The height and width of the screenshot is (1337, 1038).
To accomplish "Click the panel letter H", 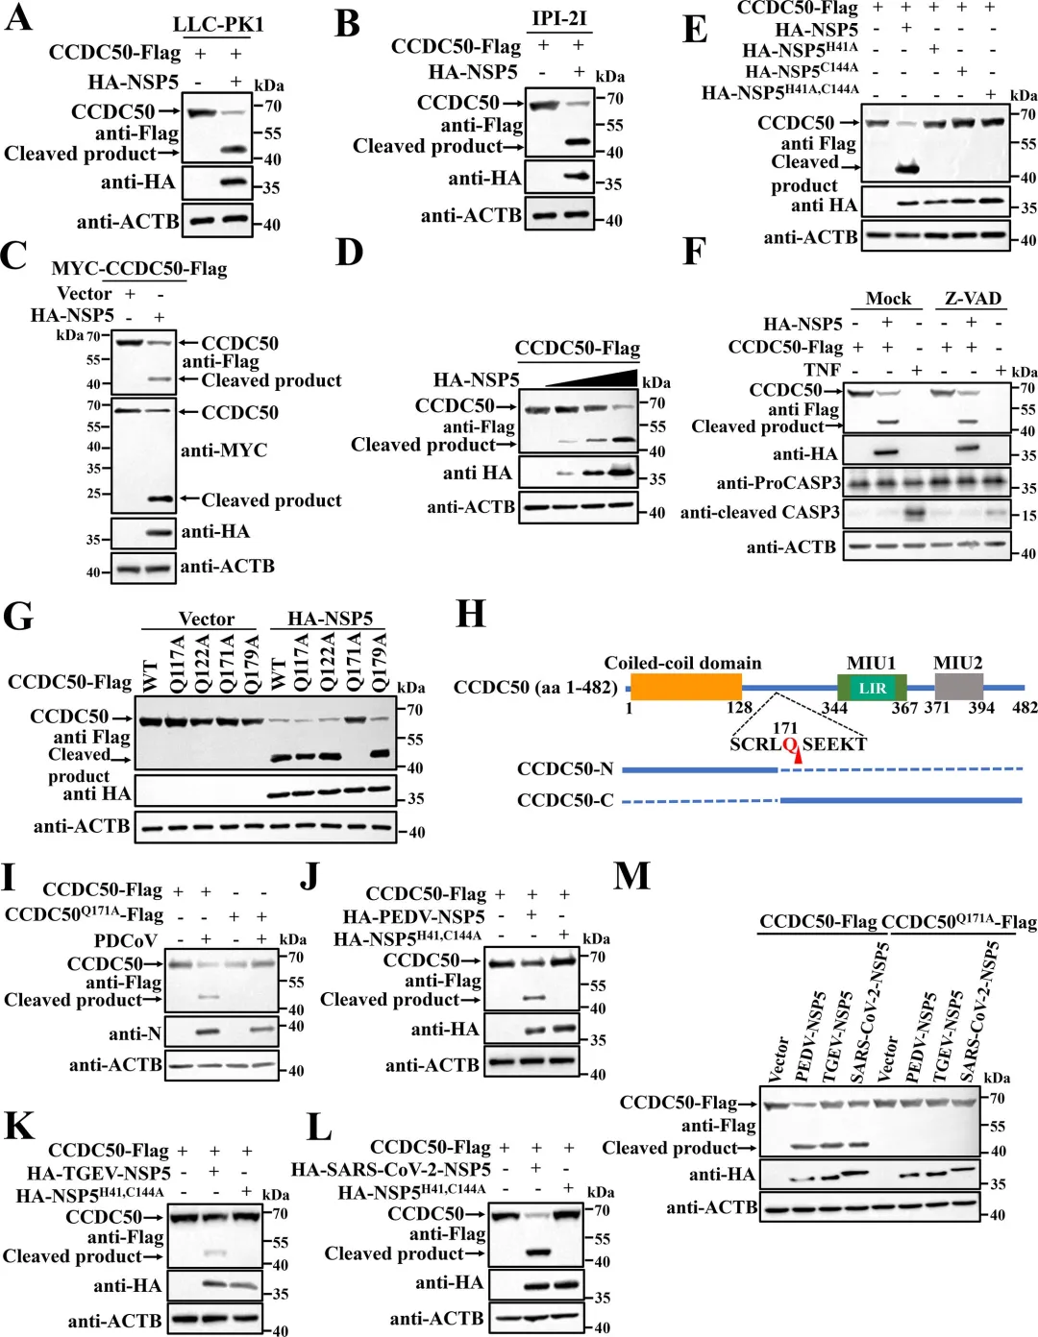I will point(470,614).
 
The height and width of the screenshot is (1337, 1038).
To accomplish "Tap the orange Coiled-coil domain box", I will point(685,687).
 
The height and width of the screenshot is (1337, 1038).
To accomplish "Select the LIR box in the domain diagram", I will point(873,688).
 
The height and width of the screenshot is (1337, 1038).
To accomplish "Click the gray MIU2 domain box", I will point(958,686).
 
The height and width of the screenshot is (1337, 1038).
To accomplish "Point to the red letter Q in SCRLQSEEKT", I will point(790,744).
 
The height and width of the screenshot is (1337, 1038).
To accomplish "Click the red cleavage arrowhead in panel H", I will point(797,759).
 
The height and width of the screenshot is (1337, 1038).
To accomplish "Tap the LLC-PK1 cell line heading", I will point(218,24).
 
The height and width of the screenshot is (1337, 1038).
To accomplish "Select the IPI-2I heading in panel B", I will point(559,18).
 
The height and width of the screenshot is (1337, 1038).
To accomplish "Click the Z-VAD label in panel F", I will point(973,298).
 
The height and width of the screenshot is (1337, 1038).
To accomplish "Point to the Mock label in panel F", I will point(888,298).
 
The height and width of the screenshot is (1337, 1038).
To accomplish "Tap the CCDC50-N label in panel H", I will point(565,768).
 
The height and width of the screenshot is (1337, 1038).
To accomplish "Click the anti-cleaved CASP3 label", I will point(759,513).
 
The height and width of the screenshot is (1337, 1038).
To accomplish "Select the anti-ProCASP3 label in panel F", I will point(778,482).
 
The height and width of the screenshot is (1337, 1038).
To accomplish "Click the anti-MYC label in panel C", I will point(224,450).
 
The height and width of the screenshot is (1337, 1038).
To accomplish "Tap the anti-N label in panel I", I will point(135,1033).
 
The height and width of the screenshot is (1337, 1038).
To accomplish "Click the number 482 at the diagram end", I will point(1025,708).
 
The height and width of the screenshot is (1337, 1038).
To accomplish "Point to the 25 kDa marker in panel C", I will point(94,494).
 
